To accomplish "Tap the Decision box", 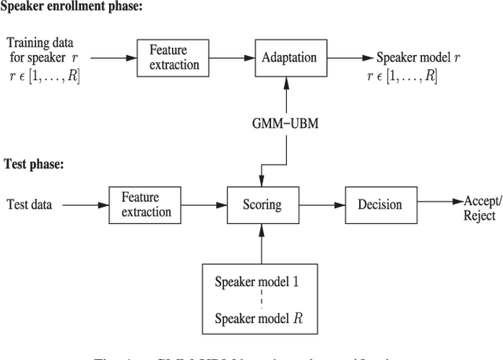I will point(380,204).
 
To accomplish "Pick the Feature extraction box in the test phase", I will point(140,205).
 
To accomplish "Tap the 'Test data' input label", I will point(30,205).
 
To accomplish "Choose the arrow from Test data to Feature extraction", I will point(83,205).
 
